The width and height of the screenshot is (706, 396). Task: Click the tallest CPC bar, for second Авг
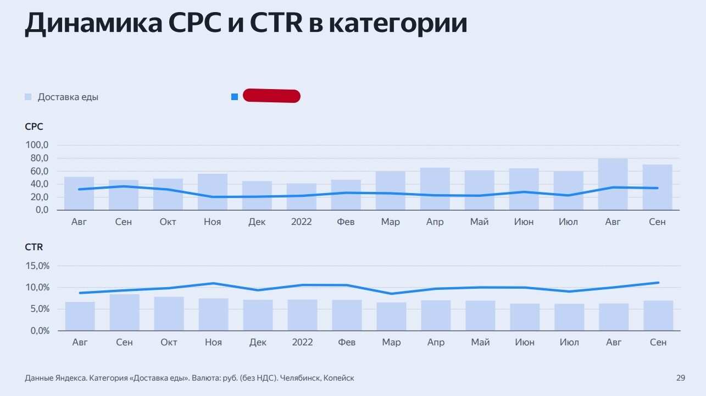pos(613,184)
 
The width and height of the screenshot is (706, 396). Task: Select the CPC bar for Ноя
pos(213,192)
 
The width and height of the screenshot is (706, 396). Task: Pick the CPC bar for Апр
pos(435,189)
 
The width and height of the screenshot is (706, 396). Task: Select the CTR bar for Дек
pos(258,315)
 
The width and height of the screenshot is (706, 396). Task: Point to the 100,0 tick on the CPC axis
pos(37,145)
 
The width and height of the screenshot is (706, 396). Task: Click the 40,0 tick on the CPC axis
pos(37,184)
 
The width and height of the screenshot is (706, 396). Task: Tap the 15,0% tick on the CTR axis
pos(37,266)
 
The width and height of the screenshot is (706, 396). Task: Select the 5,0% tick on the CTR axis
pos(37,309)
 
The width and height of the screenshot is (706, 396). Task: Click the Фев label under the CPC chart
pos(346,222)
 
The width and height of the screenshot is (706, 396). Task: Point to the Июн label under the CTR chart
pos(525,343)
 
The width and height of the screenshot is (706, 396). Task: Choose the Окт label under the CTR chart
pos(169,343)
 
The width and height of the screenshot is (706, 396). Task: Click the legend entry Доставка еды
pos(68,97)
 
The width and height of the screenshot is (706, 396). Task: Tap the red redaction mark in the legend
pos(271,96)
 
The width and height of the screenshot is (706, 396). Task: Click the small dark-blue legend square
pos(235,97)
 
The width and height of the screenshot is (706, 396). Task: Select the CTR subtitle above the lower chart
pos(34,247)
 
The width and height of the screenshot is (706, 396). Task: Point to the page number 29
pos(680,378)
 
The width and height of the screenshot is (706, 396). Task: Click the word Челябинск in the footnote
pos(301,378)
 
